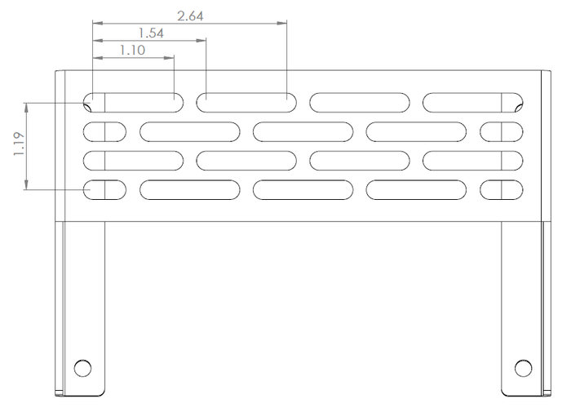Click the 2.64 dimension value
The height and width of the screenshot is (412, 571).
190,16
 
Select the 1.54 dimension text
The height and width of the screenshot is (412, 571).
151,33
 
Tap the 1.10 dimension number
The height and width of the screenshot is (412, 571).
132,50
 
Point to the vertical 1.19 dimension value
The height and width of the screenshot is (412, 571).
19,144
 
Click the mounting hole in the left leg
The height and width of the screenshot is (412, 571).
82,368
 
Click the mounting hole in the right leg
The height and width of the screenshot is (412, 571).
524,368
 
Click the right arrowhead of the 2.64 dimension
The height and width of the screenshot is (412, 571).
282,24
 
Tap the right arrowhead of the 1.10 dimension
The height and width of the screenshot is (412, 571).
169,58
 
